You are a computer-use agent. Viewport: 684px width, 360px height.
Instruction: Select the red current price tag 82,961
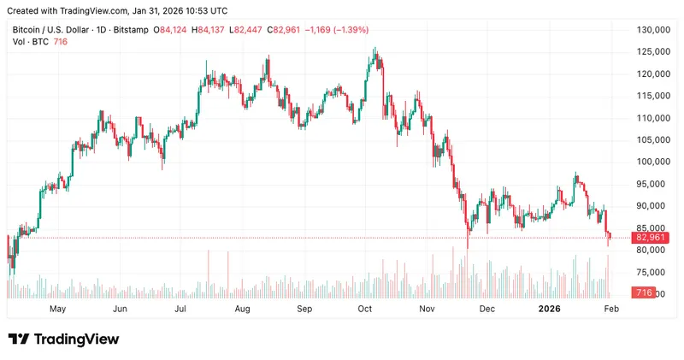pyautogui.click(x=647, y=237)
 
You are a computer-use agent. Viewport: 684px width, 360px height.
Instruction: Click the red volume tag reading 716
pyautogui.click(x=644, y=293)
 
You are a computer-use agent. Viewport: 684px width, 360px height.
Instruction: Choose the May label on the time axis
pyautogui.click(x=57, y=308)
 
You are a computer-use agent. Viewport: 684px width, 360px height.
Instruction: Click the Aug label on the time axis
pyautogui.click(x=242, y=308)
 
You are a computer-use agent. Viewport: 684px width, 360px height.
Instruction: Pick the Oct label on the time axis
pyautogui.click(x=365, y=308)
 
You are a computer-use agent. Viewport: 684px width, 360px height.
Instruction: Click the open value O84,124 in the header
pyautogui.click(x=170, y=29)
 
